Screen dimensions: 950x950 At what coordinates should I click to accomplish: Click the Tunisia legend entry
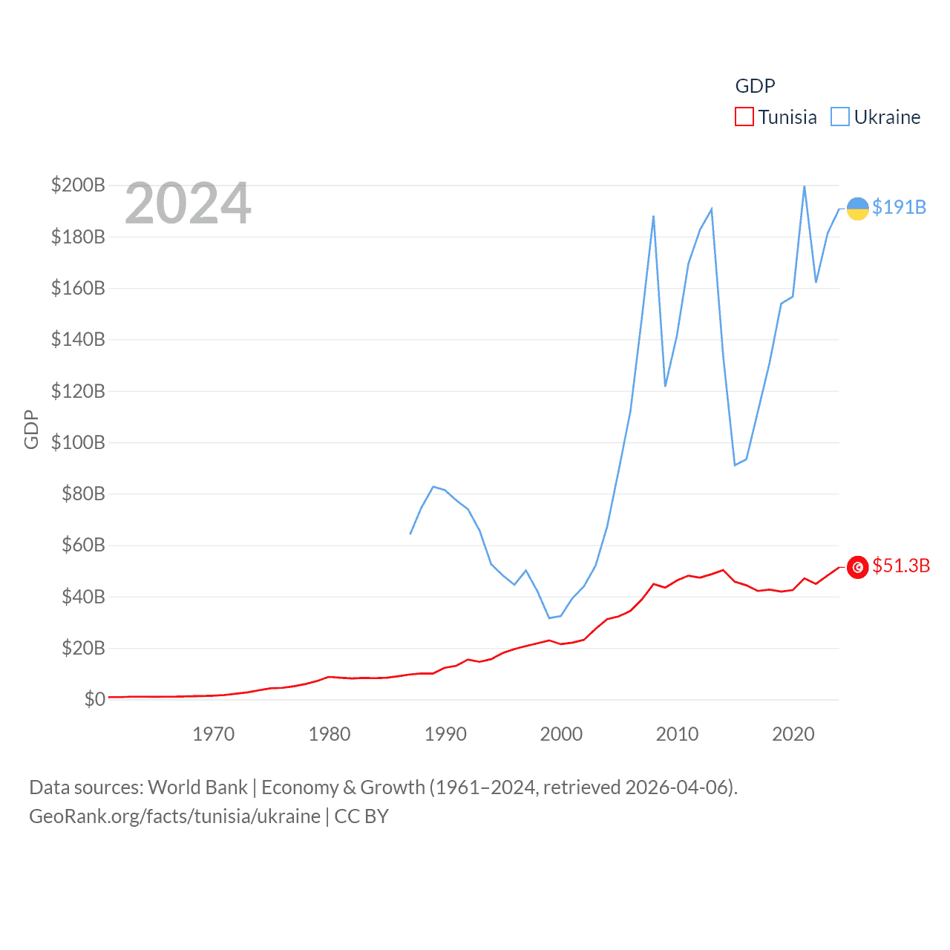776,117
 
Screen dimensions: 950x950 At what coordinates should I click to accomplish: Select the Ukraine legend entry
876,117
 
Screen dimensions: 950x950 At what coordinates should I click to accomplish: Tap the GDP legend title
755,86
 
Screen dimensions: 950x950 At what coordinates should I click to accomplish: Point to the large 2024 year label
188,203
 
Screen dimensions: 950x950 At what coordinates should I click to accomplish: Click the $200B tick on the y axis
78,185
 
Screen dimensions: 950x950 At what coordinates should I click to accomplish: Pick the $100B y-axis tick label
78,442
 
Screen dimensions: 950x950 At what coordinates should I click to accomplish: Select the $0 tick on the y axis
94,699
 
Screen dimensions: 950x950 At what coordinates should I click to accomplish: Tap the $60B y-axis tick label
83,545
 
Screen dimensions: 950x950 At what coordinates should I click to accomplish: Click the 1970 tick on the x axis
213,734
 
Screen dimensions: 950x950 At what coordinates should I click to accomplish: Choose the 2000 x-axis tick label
561,734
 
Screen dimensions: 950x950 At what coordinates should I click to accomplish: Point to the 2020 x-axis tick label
793,734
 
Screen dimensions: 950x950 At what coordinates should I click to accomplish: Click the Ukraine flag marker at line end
857,209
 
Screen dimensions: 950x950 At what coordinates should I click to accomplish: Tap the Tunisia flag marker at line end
857,567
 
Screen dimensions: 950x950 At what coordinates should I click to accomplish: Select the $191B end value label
899,207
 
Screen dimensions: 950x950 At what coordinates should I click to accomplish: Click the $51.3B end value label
901,566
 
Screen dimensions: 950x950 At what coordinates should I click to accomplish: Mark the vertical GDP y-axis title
31,429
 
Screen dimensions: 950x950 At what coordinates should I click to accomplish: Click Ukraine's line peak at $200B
805,186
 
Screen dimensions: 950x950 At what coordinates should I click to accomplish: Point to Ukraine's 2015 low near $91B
735,465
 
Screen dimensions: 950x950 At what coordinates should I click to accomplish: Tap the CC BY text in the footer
361,816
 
